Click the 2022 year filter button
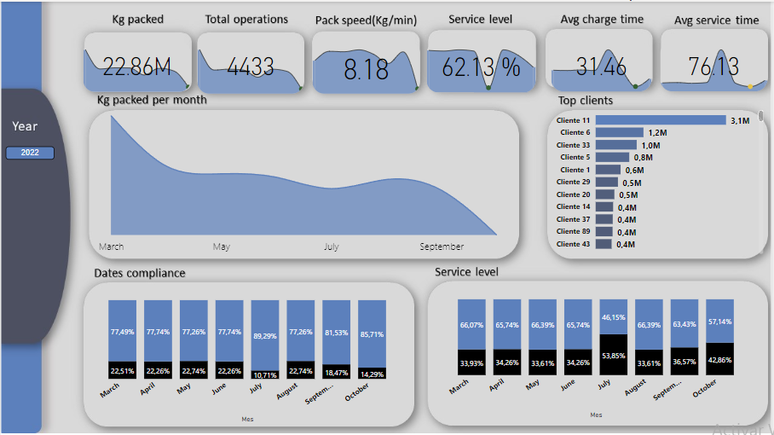coord(30,153)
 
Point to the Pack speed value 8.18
coord(366,69)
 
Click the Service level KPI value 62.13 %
coord(481,68)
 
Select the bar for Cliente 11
coord(660,120)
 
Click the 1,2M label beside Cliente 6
coord(656,133)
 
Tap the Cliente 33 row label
coord(573,145)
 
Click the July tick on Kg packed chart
coord(331,246)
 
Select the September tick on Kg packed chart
coord(442,246)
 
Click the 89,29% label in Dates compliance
coord(264,336)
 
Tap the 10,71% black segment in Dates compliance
coord(264,374)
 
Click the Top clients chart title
coord(585,101)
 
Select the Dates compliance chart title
coord(139,273)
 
